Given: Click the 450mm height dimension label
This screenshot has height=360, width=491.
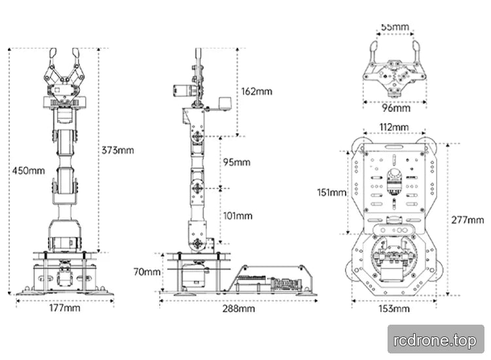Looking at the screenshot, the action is click(29, 171).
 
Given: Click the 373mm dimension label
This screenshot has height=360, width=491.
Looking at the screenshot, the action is click(118, 151).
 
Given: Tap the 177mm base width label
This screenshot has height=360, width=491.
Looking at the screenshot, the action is click(65, 308).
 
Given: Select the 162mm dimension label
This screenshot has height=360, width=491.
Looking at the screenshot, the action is click(257, 92).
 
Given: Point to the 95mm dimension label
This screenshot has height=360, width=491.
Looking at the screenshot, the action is click(237, 162).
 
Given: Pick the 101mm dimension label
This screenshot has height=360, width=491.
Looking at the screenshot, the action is click(238, 216).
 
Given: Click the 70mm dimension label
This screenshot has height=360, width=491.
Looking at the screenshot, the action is click(147, 272).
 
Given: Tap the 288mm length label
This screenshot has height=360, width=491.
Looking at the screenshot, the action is click(238, 309).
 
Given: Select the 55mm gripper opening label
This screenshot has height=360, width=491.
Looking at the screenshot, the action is click(395, 27).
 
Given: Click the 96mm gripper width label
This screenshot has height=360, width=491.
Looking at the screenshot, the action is click(396, 108).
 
